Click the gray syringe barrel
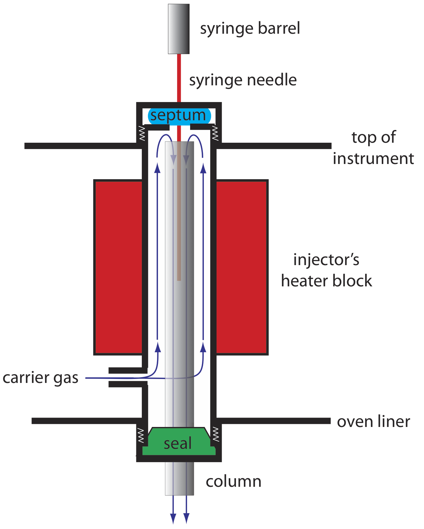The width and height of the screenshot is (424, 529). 179,29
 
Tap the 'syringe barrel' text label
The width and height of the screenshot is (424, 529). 250,29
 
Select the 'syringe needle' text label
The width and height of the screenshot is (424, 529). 243,80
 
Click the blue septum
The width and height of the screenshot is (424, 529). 179,116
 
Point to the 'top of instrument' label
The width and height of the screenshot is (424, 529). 373,148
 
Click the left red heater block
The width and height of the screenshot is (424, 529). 118,267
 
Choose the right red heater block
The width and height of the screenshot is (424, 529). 241,267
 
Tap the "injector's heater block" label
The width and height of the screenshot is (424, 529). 327,270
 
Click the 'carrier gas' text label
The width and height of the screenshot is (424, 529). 40,378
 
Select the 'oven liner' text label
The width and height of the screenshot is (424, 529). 373,421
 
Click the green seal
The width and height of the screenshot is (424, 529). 179,442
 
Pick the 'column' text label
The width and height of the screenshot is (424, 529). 233,482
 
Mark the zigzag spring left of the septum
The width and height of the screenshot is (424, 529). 142,133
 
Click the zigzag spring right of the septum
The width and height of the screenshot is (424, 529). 215,133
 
